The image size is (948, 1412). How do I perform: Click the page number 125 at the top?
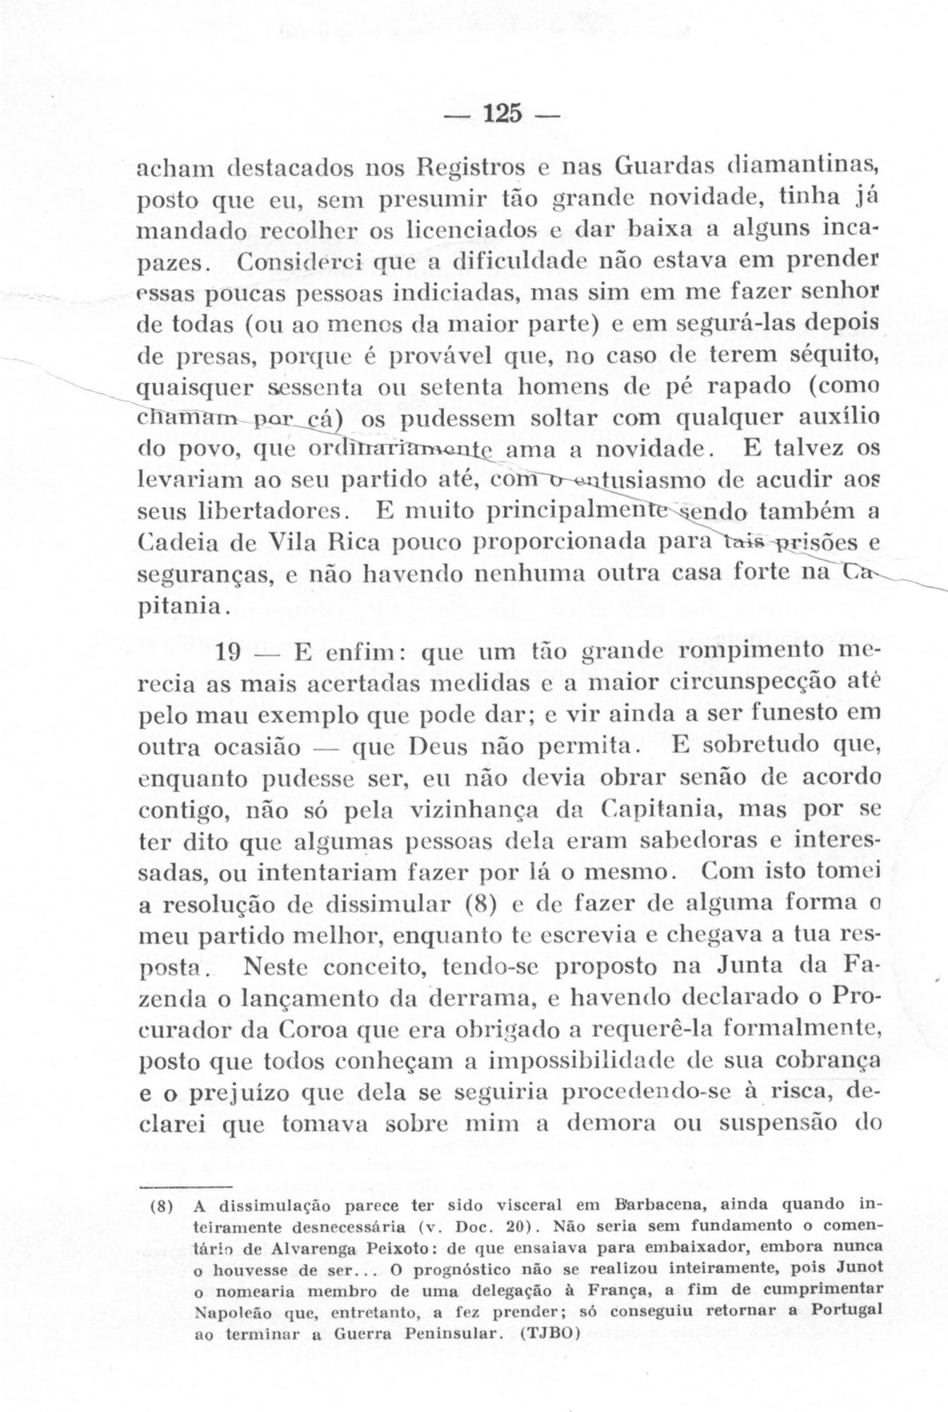(501, 114)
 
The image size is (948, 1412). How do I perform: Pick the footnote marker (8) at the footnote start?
(162, 1203)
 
